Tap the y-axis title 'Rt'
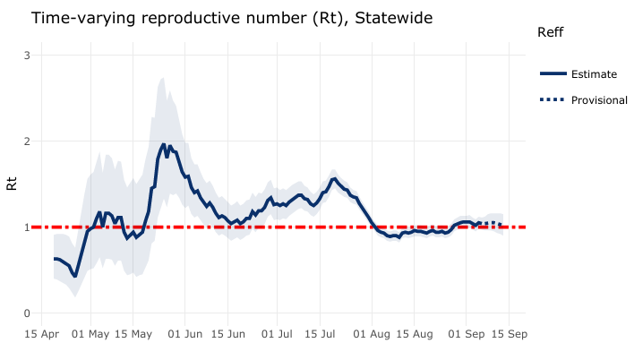pyautogui.click(x=12, y=184)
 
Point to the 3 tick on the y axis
pyautogui.click(x=28, y=55)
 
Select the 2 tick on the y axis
pyautogui.click(x=28, y=141)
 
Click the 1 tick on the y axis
pyautogui.click(x=28, y=227)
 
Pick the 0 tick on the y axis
pyautogui.click(x=28, y=313)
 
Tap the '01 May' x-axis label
pyautogui.click(x=90, y=334)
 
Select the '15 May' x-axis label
pyautogui.click(x=132, y=334)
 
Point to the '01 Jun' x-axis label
pyautogui.click(x=185, y=334)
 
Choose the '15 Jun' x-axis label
pyautogui.click(x=228, y=334)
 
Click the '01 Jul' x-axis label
pyautogui.click(x=278, y=334)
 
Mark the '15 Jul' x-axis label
pyautogui.click(x=321, y=334)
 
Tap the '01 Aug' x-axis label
pyautogui.click(x=373, y=334)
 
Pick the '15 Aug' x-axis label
pyautogui.click(x=415, y=334)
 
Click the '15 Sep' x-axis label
pyautogui.click(x=508, y=334)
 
